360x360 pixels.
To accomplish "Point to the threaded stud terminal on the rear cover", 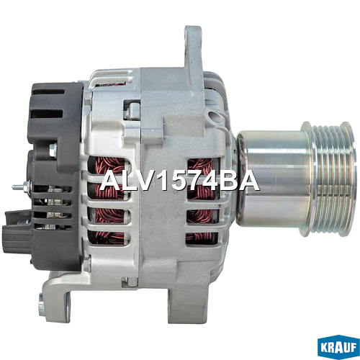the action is (x=22, y=186).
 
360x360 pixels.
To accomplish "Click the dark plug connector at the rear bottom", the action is (x=17, y=229).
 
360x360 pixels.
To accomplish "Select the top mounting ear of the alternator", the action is (x=193, y=49).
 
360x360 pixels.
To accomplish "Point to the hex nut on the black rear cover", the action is (x=53, y=149).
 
